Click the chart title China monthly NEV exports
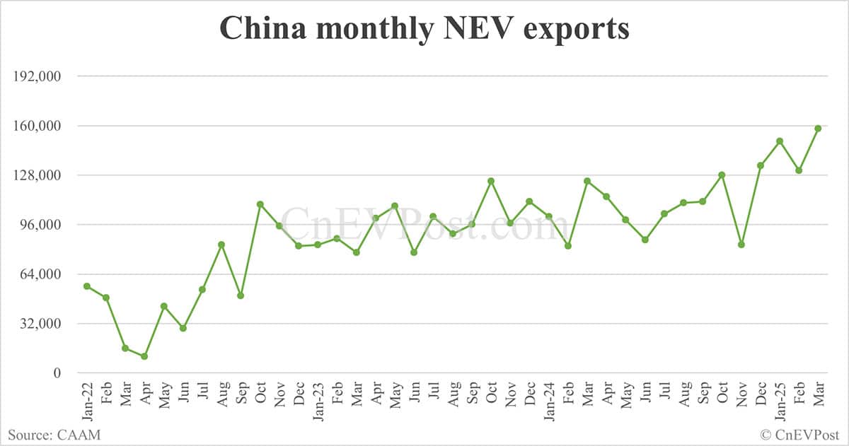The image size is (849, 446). [424, 29]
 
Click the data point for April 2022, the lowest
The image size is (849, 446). [144, 356]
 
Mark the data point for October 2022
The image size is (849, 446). [260, 204]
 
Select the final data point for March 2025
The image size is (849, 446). [818, 128]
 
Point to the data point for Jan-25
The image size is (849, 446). [780, 141]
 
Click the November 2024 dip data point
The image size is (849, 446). [741, 245]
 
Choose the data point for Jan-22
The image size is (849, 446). [87, 286]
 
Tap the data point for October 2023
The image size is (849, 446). [491, 181]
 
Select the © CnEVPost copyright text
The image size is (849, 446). [799, 435]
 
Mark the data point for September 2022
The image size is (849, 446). [241, 295]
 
